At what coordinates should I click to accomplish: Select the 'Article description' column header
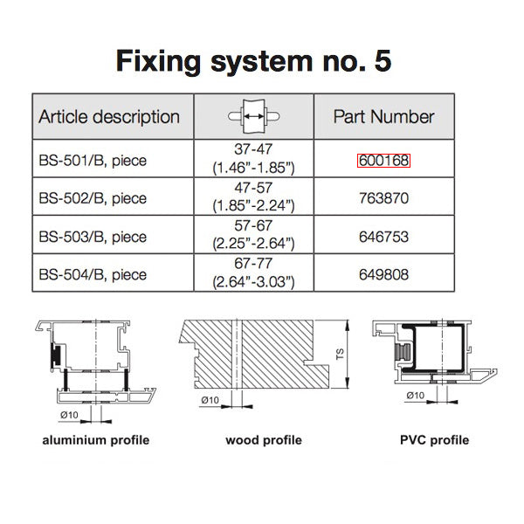click(109, 117)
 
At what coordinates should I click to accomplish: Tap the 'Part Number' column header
click(383, 117)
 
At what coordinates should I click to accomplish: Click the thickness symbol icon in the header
click(253, 117)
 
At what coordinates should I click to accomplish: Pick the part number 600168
click(383, 161)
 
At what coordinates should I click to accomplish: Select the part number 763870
click(383, 198)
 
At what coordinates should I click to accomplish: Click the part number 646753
click(383, 237)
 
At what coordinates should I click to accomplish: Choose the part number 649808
click(383, 274)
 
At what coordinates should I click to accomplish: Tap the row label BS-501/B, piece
click(93, 161)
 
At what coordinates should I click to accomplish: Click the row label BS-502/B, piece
click(93, 198)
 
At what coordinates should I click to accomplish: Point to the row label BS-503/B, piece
click(93, 237)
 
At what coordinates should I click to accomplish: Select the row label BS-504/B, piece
click(93, 274)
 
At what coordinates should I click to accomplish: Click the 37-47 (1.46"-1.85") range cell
click(253, 158)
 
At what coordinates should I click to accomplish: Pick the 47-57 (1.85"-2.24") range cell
click(253, 196)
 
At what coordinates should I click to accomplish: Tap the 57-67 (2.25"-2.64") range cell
click(253, 235)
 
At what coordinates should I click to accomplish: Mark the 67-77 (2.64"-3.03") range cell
click(253, 273)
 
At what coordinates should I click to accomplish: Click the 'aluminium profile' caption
click(96, 439)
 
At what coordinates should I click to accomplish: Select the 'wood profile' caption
click(264, 439)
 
